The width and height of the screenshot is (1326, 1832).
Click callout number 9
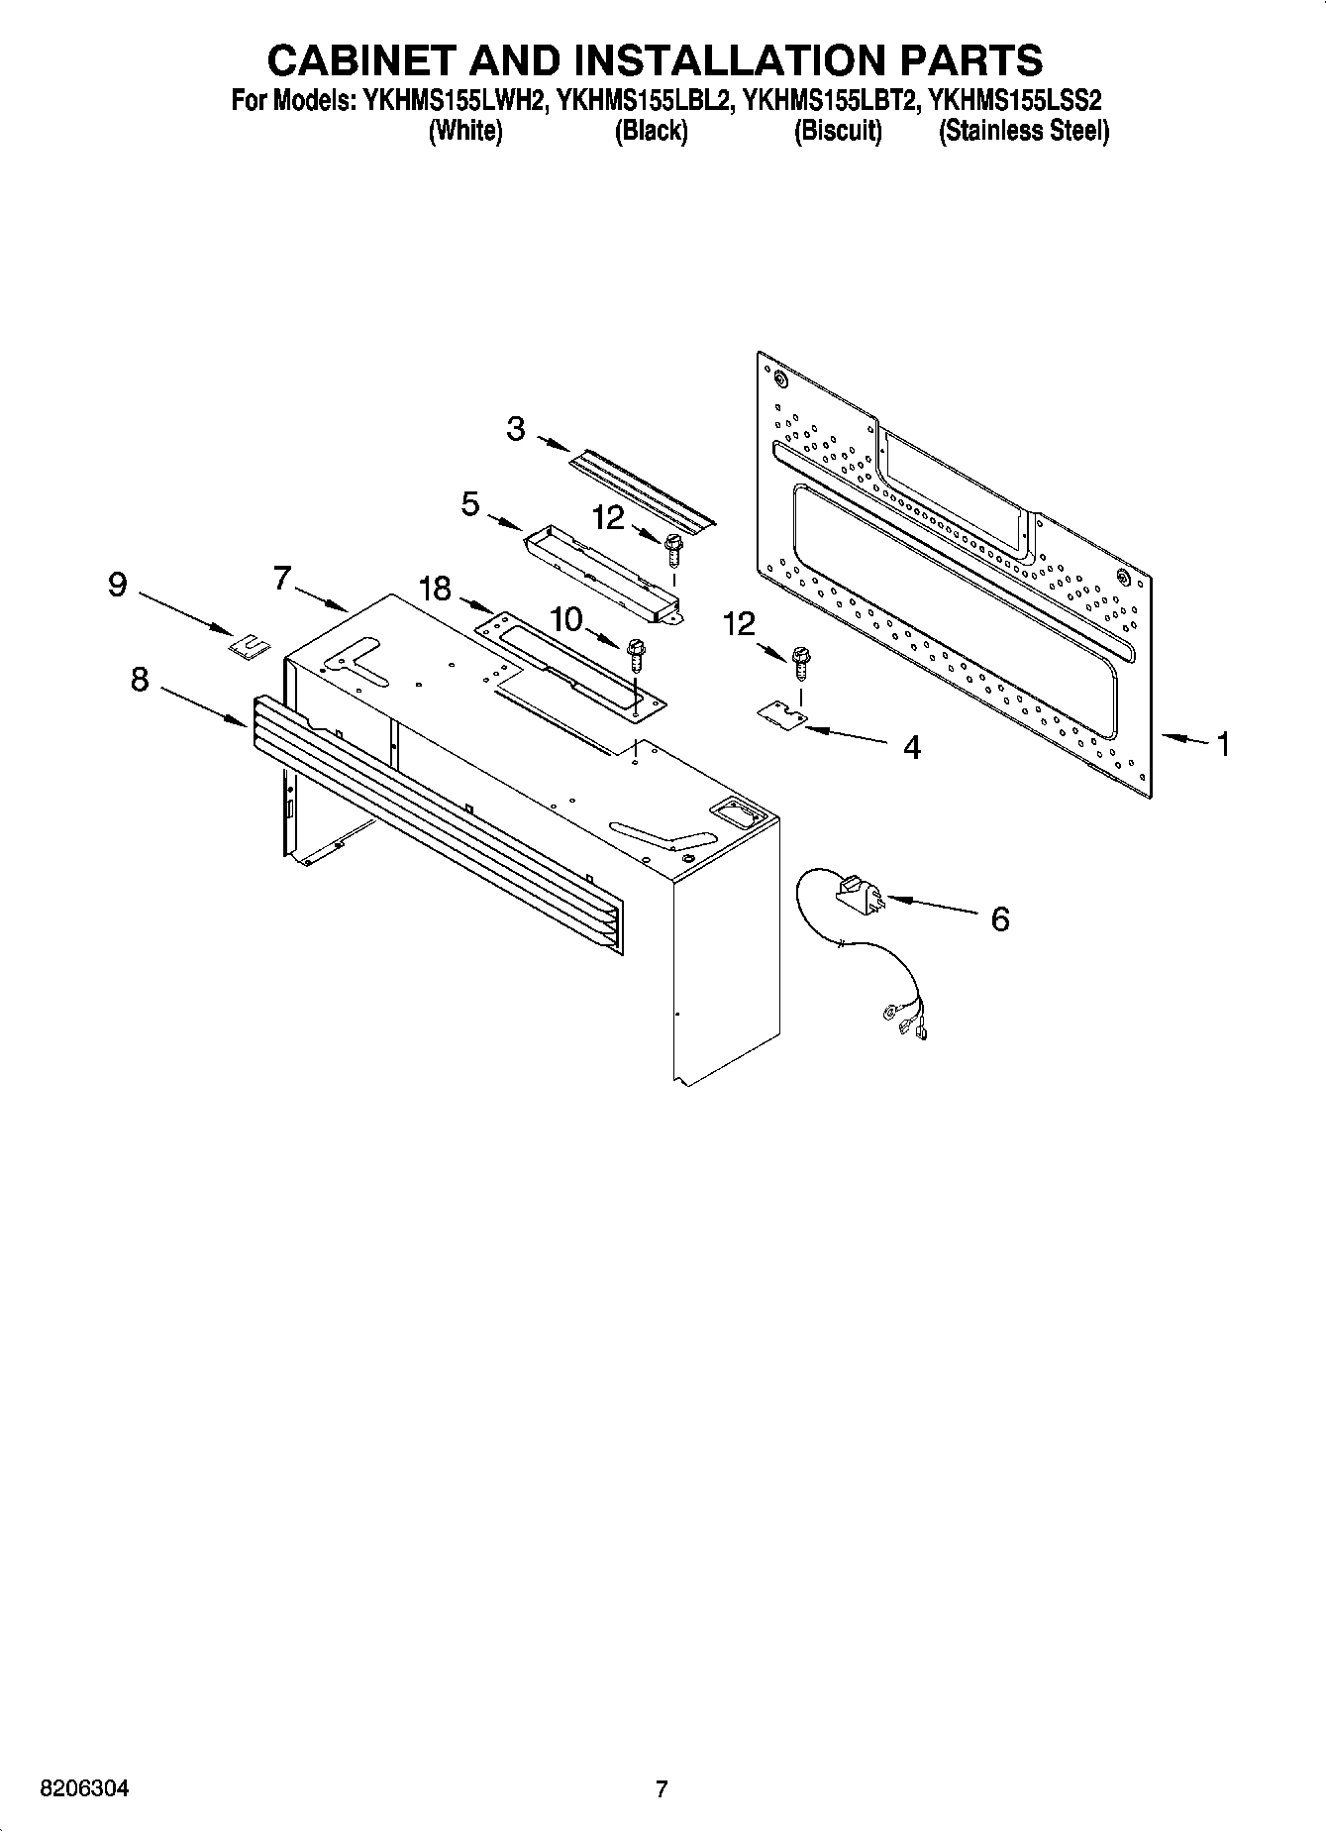coord(117,585)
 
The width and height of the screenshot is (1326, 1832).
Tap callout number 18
coord(434,589)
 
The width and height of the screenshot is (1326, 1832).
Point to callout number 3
coord(515,429)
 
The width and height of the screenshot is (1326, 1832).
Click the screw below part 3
coord(673,545)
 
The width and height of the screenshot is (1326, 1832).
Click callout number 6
coord(1000,919)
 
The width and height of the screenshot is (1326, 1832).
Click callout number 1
coord(1223,743)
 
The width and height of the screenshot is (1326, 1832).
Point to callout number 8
coord(140,679)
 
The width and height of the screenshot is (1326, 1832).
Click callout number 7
coord(282,577)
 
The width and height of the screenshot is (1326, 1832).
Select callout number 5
coord(470,503)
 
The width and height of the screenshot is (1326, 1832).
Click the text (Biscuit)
coord(837,131)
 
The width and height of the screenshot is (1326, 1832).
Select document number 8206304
coord(83,1788)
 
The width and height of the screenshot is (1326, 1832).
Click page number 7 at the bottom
coord(662,1788)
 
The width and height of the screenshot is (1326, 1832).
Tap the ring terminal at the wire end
coord(888,1013)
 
